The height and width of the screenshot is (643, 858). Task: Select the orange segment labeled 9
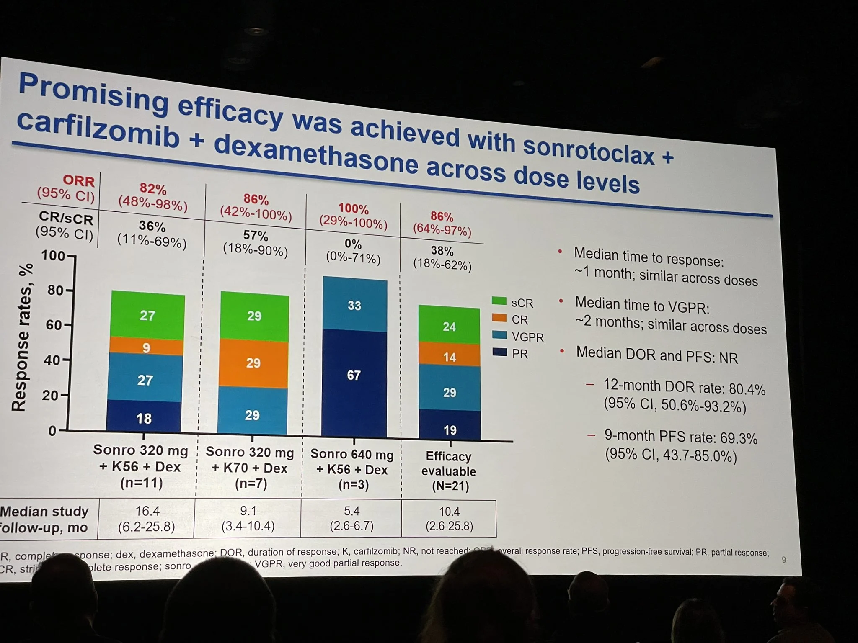click(x=146, y=347)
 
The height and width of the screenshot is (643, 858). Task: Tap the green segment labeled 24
click(x=449, y=326)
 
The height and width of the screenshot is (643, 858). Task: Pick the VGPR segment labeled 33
click(x=354, y=305)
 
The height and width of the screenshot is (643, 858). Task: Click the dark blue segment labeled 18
click(x=144, y=418)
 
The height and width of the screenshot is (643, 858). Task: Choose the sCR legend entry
click(x=513, y=302)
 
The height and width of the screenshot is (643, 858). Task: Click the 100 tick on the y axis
click(x=53, y=255)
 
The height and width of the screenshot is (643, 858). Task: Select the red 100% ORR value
click(x=353, y=208)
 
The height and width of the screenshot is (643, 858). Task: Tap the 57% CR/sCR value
click(x=256, y=236)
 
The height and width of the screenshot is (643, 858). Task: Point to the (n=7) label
click(x=249, y=484)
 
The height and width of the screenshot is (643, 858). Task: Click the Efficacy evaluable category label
click(x=449, y=463)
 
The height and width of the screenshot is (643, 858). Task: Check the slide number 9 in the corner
click(x=784, y=559)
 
